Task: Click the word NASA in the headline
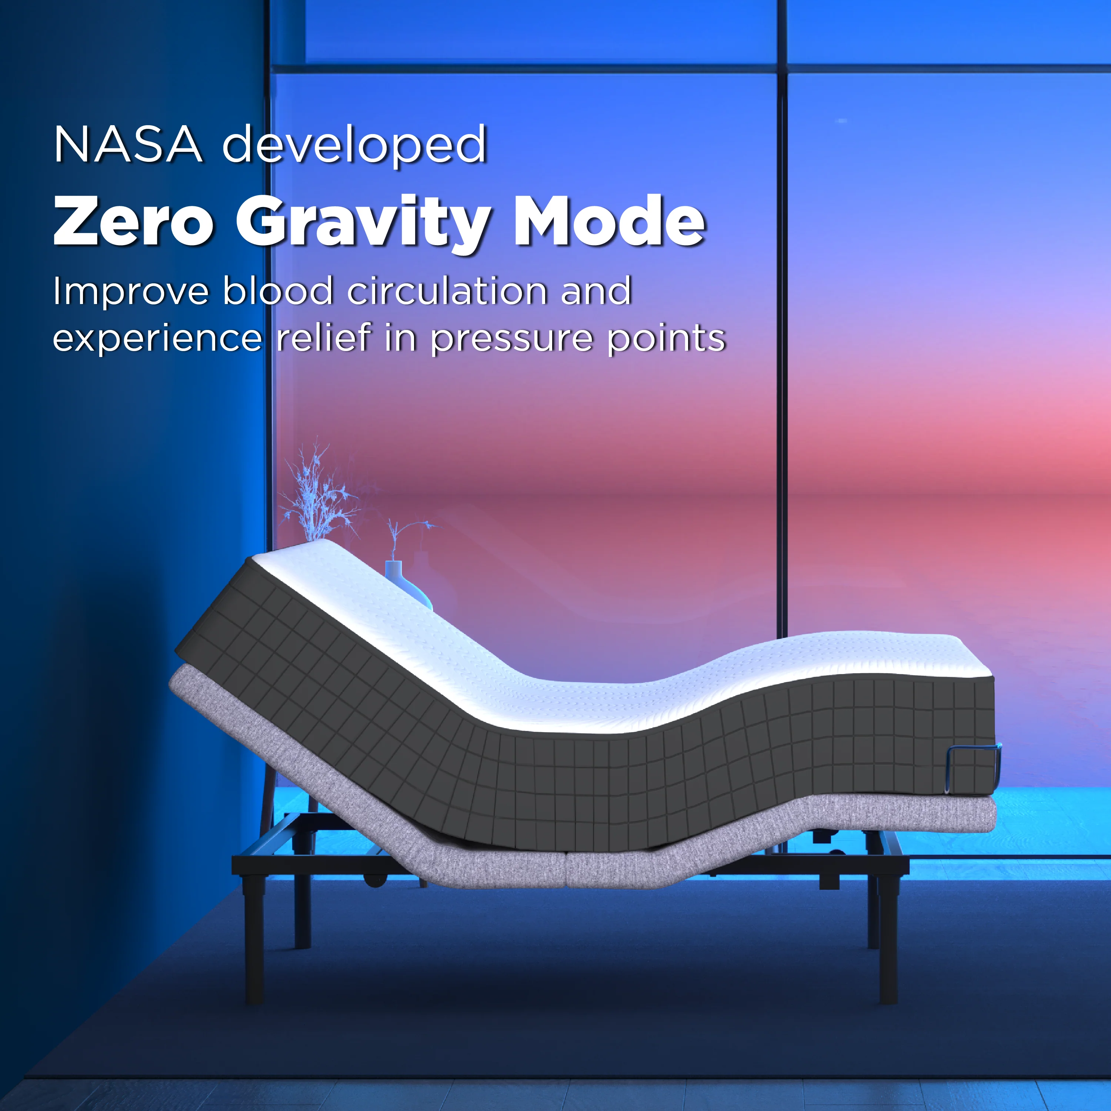[x=128, y=144]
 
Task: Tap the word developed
[x=355, y=144]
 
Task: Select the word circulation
[x=447, y=290]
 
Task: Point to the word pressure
[x=511, y=339]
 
